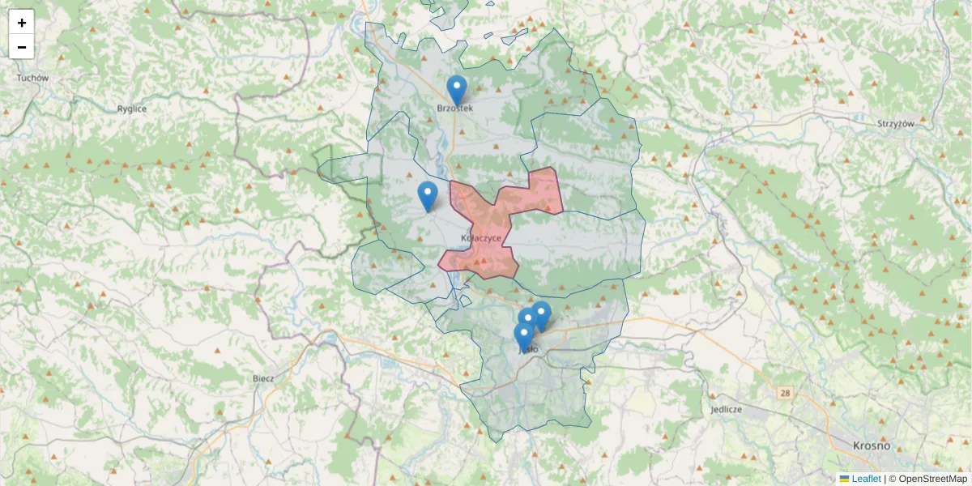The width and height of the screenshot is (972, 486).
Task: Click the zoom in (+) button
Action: [x=22, y=23]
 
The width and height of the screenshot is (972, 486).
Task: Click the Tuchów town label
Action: [x=32, y=79]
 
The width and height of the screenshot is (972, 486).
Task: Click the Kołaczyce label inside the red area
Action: [x=481, y=238]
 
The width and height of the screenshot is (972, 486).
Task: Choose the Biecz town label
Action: [x=263, y=377]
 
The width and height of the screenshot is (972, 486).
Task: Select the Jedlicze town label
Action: [x=726, y=409]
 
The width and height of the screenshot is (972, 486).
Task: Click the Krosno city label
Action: [x=872, y=446]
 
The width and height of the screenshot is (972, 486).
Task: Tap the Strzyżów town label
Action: [x=896, y=124]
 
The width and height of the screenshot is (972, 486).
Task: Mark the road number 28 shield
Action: [x=785, y=393]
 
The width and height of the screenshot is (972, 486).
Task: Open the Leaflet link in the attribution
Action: [x=866, y=479]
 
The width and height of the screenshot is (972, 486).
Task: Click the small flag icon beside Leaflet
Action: [x=845, y=479]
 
